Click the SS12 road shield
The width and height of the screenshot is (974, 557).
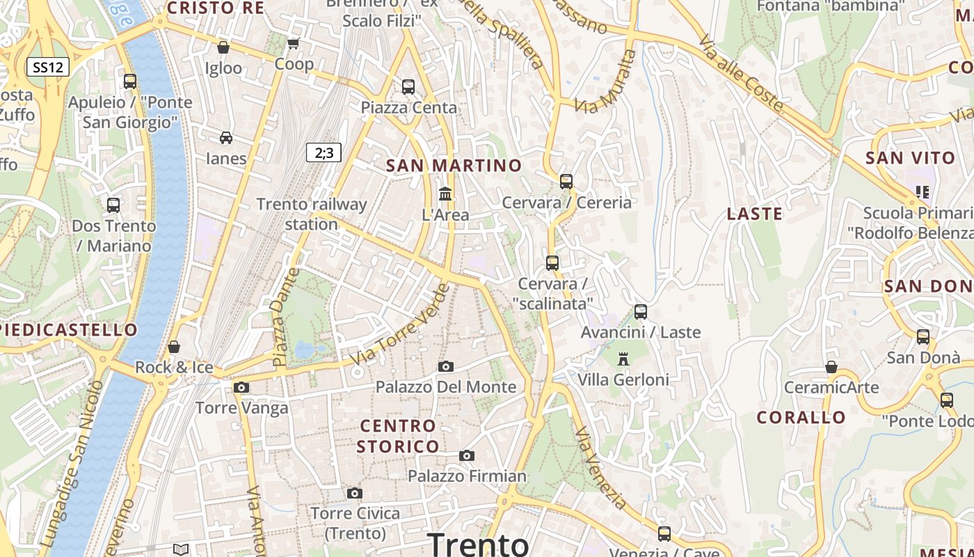pyautogui.click(x=48, y=68)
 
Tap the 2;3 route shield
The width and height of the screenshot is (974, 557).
pyautogui.click(x=324, y=152)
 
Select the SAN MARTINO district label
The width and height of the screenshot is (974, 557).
pyautogui.click(x=454, y=165)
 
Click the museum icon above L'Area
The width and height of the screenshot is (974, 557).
pyautogui.click(x=445, y=194)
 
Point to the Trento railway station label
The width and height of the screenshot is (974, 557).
pyautogui.click(x=311, y=214)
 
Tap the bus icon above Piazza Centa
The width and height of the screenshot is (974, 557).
pyautogui.click(x=408, y=87)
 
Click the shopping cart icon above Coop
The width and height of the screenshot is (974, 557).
pyautogui.click(x=294, y=43)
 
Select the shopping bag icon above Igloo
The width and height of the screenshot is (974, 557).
pyautogui.click(x=223, y=47)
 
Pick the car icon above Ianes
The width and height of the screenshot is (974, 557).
pyautogui.click(x=226, y=137)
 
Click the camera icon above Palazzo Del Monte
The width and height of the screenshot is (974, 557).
pyautogui.click(x=446, y=366)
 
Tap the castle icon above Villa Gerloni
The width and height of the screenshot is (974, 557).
pyautogui.click(x=623, y=359)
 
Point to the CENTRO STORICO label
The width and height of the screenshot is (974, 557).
pyautogui.click(x=398, y=436)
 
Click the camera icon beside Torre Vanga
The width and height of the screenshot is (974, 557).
pyautogui.click(x=241, y=387)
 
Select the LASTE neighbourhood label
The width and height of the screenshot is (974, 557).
pyautogui.click(x=755, y=214)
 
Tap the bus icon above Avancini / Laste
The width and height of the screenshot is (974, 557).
pyautogui.click(x=641, y=311)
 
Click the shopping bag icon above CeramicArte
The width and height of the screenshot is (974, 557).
pyautogui.click(x=831, y=367)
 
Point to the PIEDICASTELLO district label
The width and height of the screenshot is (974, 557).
pyautogui.click(x=68, y=329)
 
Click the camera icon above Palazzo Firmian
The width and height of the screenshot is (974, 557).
pyautogui.click(x=467, y=455)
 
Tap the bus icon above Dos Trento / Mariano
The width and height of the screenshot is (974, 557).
pyautogui.click(x=113, y=205)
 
